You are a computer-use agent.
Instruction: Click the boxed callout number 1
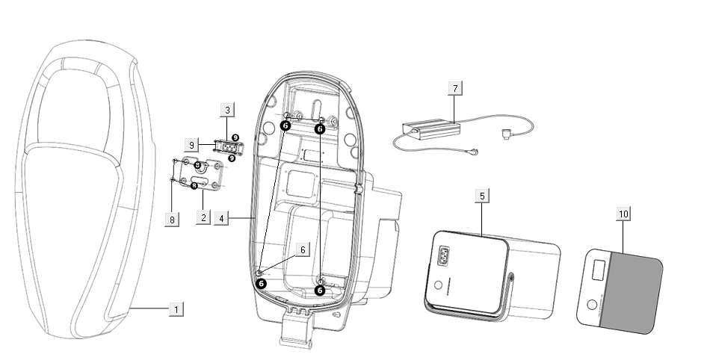(176, 308)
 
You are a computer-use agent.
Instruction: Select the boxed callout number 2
(201, 217)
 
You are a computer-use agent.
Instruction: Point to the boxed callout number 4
(222, 219)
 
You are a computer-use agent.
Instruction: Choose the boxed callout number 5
(483, 196)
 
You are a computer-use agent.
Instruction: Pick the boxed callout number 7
(454, 88)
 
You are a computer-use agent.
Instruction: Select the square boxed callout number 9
(191, 144)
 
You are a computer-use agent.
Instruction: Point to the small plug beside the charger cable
(506, 134)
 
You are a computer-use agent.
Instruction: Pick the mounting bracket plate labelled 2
(197, 173)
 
